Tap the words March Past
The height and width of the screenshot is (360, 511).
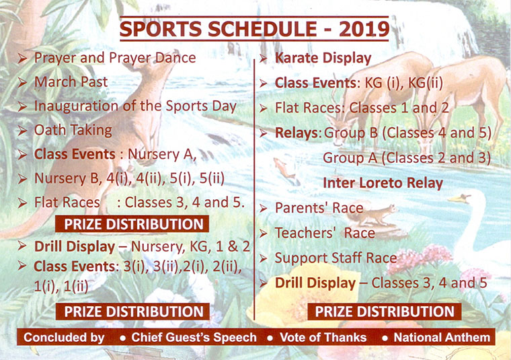[71, 82]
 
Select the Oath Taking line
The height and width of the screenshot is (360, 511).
[73, 130]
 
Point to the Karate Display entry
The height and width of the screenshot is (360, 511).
[323, 58]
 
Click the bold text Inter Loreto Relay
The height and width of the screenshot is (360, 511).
[383, 183]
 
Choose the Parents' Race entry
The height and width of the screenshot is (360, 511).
[319, 208]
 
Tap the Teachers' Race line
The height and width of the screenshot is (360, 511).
[325, 233]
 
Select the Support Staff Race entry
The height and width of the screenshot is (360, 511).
[336, 258]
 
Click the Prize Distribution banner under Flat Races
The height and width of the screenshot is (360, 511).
[132, 224]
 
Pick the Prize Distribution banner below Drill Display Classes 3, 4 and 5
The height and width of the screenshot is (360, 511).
[385, 312]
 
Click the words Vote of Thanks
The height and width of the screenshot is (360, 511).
[323, 337]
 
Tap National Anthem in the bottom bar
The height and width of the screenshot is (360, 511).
[442, 337]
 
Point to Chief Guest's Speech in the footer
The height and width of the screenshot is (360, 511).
[194, 337]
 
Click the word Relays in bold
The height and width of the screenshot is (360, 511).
[297, 133]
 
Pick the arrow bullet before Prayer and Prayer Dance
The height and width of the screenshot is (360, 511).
[22, 59]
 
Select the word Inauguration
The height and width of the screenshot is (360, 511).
[76, 106]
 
